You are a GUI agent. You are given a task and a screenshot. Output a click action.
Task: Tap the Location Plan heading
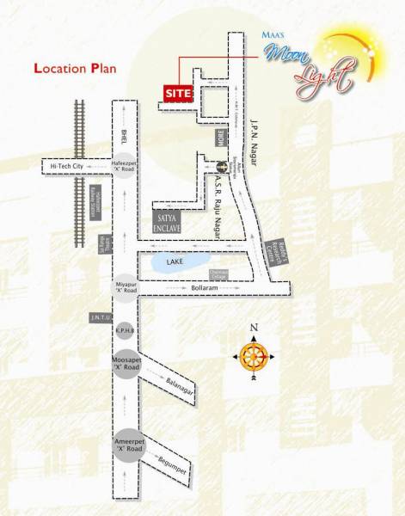[75, 67]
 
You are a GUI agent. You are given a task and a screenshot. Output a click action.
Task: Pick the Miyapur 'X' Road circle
[126, 286]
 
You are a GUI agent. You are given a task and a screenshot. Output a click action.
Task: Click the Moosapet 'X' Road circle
[126, 363]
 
